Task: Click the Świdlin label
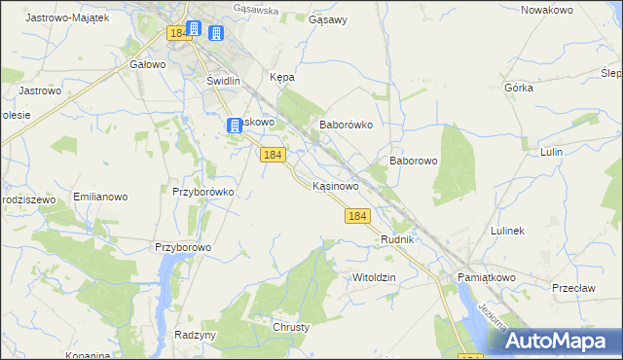coord(223,82)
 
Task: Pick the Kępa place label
coord(281,77)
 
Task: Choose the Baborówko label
coord(347,126)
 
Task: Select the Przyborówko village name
coord(202,192)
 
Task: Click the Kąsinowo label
coord(337,185)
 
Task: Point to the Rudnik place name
coord(398,239)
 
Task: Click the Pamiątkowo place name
coord(485,277)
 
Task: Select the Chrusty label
coord(291,327)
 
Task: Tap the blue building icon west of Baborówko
coord(235,125)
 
